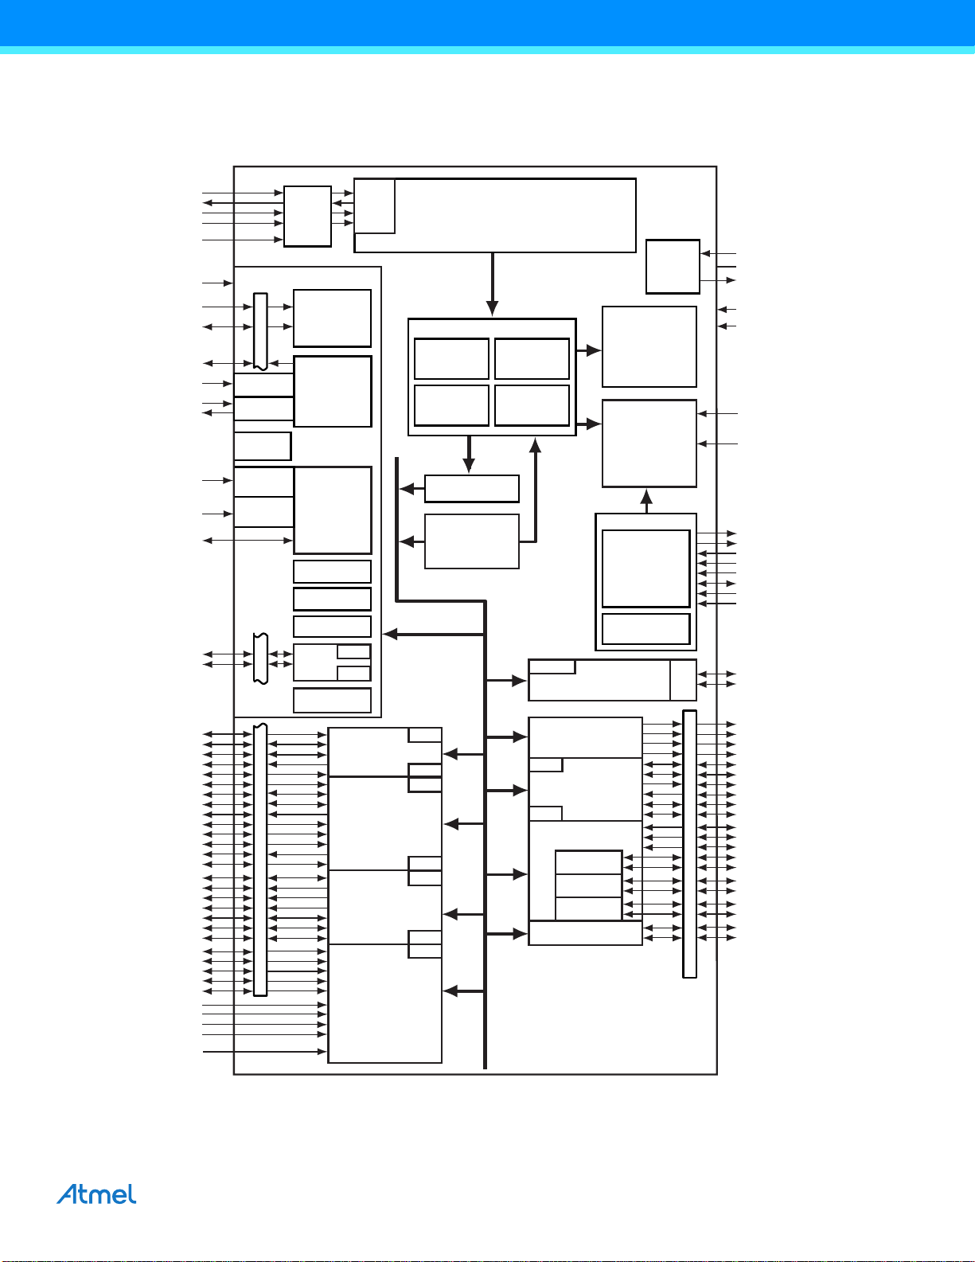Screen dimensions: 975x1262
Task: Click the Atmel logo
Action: click(96, 1194)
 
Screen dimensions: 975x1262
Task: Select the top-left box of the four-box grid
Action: click(451, 359)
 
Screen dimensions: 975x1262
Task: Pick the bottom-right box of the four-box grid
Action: click(532, 405)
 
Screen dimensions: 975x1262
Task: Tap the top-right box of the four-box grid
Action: click(532, 359)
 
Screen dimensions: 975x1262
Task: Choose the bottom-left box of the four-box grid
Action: click(451, 405)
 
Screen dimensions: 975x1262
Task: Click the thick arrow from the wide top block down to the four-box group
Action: click(492, 284)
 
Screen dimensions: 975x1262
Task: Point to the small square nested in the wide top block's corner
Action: click(374, 205)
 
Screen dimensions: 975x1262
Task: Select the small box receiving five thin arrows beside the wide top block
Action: click(307, 216)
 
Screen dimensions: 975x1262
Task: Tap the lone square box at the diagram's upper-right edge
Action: click(673, 267)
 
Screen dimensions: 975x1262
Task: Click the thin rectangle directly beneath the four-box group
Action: click(472, 488)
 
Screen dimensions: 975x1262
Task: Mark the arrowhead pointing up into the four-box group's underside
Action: click(535, 445)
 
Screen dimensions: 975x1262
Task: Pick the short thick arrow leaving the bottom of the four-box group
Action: click(469, 454)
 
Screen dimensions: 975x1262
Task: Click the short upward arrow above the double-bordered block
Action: click(646, 501)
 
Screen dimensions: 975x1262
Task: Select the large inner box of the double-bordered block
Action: click(646, 568)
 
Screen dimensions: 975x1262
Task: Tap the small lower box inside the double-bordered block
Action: click(646, 629)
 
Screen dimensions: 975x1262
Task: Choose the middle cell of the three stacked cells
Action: click(588, 885)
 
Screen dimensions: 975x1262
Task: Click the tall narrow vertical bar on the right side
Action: click(689, 844)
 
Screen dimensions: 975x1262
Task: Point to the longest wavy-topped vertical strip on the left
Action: click(260, 860)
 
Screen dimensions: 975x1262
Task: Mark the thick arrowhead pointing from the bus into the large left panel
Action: click(390, 635)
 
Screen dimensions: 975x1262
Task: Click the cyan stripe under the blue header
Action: click(487, 50)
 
